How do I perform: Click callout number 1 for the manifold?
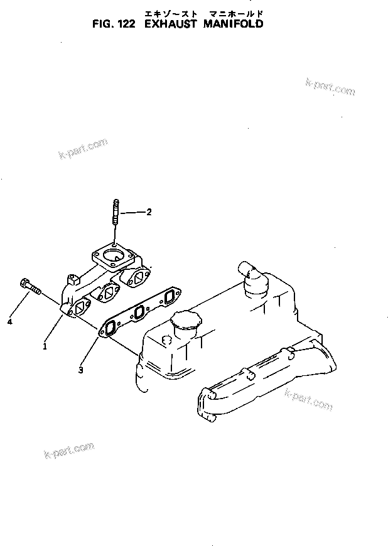click(45, 345)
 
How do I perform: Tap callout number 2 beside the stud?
click(149, 212)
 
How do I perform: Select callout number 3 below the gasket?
click(81, 370)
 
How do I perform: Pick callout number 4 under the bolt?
click(10, 322)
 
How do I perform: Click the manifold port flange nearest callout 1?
click(80, 308)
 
